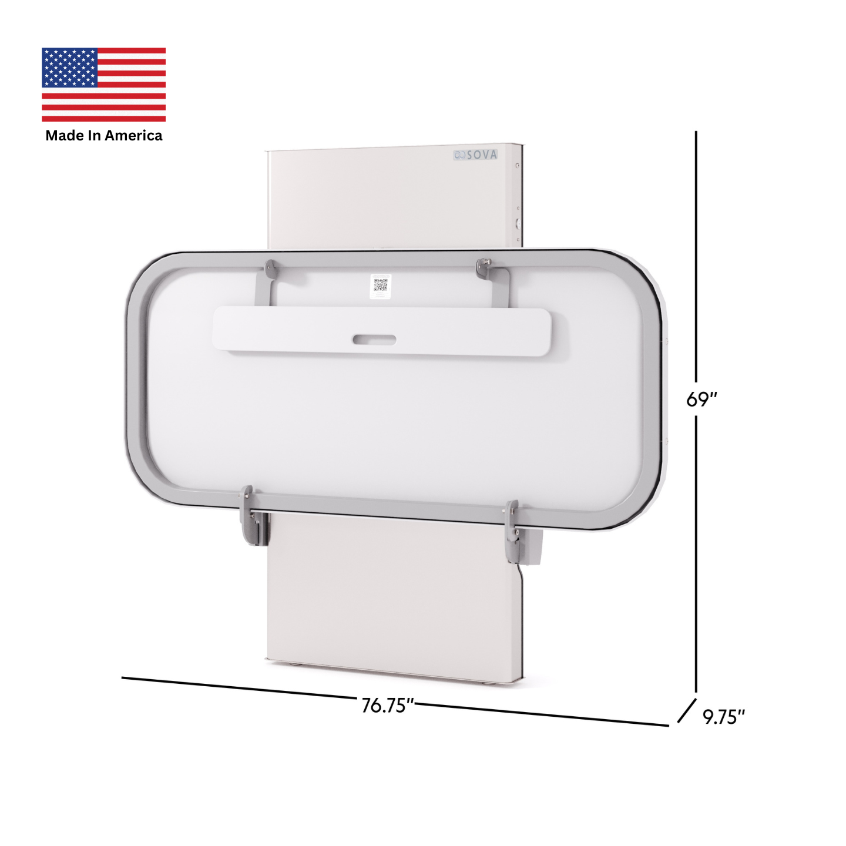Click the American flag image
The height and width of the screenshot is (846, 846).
(x=103, y=84)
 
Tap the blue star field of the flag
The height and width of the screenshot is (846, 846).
(x=69, y=67)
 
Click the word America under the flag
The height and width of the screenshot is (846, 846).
(x=133, y=136)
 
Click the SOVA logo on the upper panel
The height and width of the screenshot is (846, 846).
(x=475, y=155)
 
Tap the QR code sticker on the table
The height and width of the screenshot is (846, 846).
(x=380, y=286)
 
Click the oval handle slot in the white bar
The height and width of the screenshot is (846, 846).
(x=374, y=340)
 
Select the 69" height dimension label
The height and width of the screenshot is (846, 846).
(x=701, y=399)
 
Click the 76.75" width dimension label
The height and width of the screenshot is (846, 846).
(x=388, y=706)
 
